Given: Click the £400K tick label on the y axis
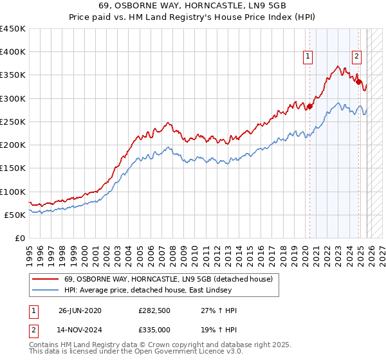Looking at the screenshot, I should pyautogui.click(x=13, y=52).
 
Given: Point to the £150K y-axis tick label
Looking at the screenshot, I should pyautogui.click(x=13, y=168).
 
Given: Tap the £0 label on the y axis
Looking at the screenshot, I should pyautogui.click(x=19, y=238).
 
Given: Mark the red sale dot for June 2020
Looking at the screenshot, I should pyautogui.click(x=309, y=107).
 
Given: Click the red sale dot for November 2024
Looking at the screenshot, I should pyautogui.click(x=358, y=82).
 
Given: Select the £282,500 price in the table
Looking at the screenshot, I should pyautogui.click(x=154, y=310).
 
